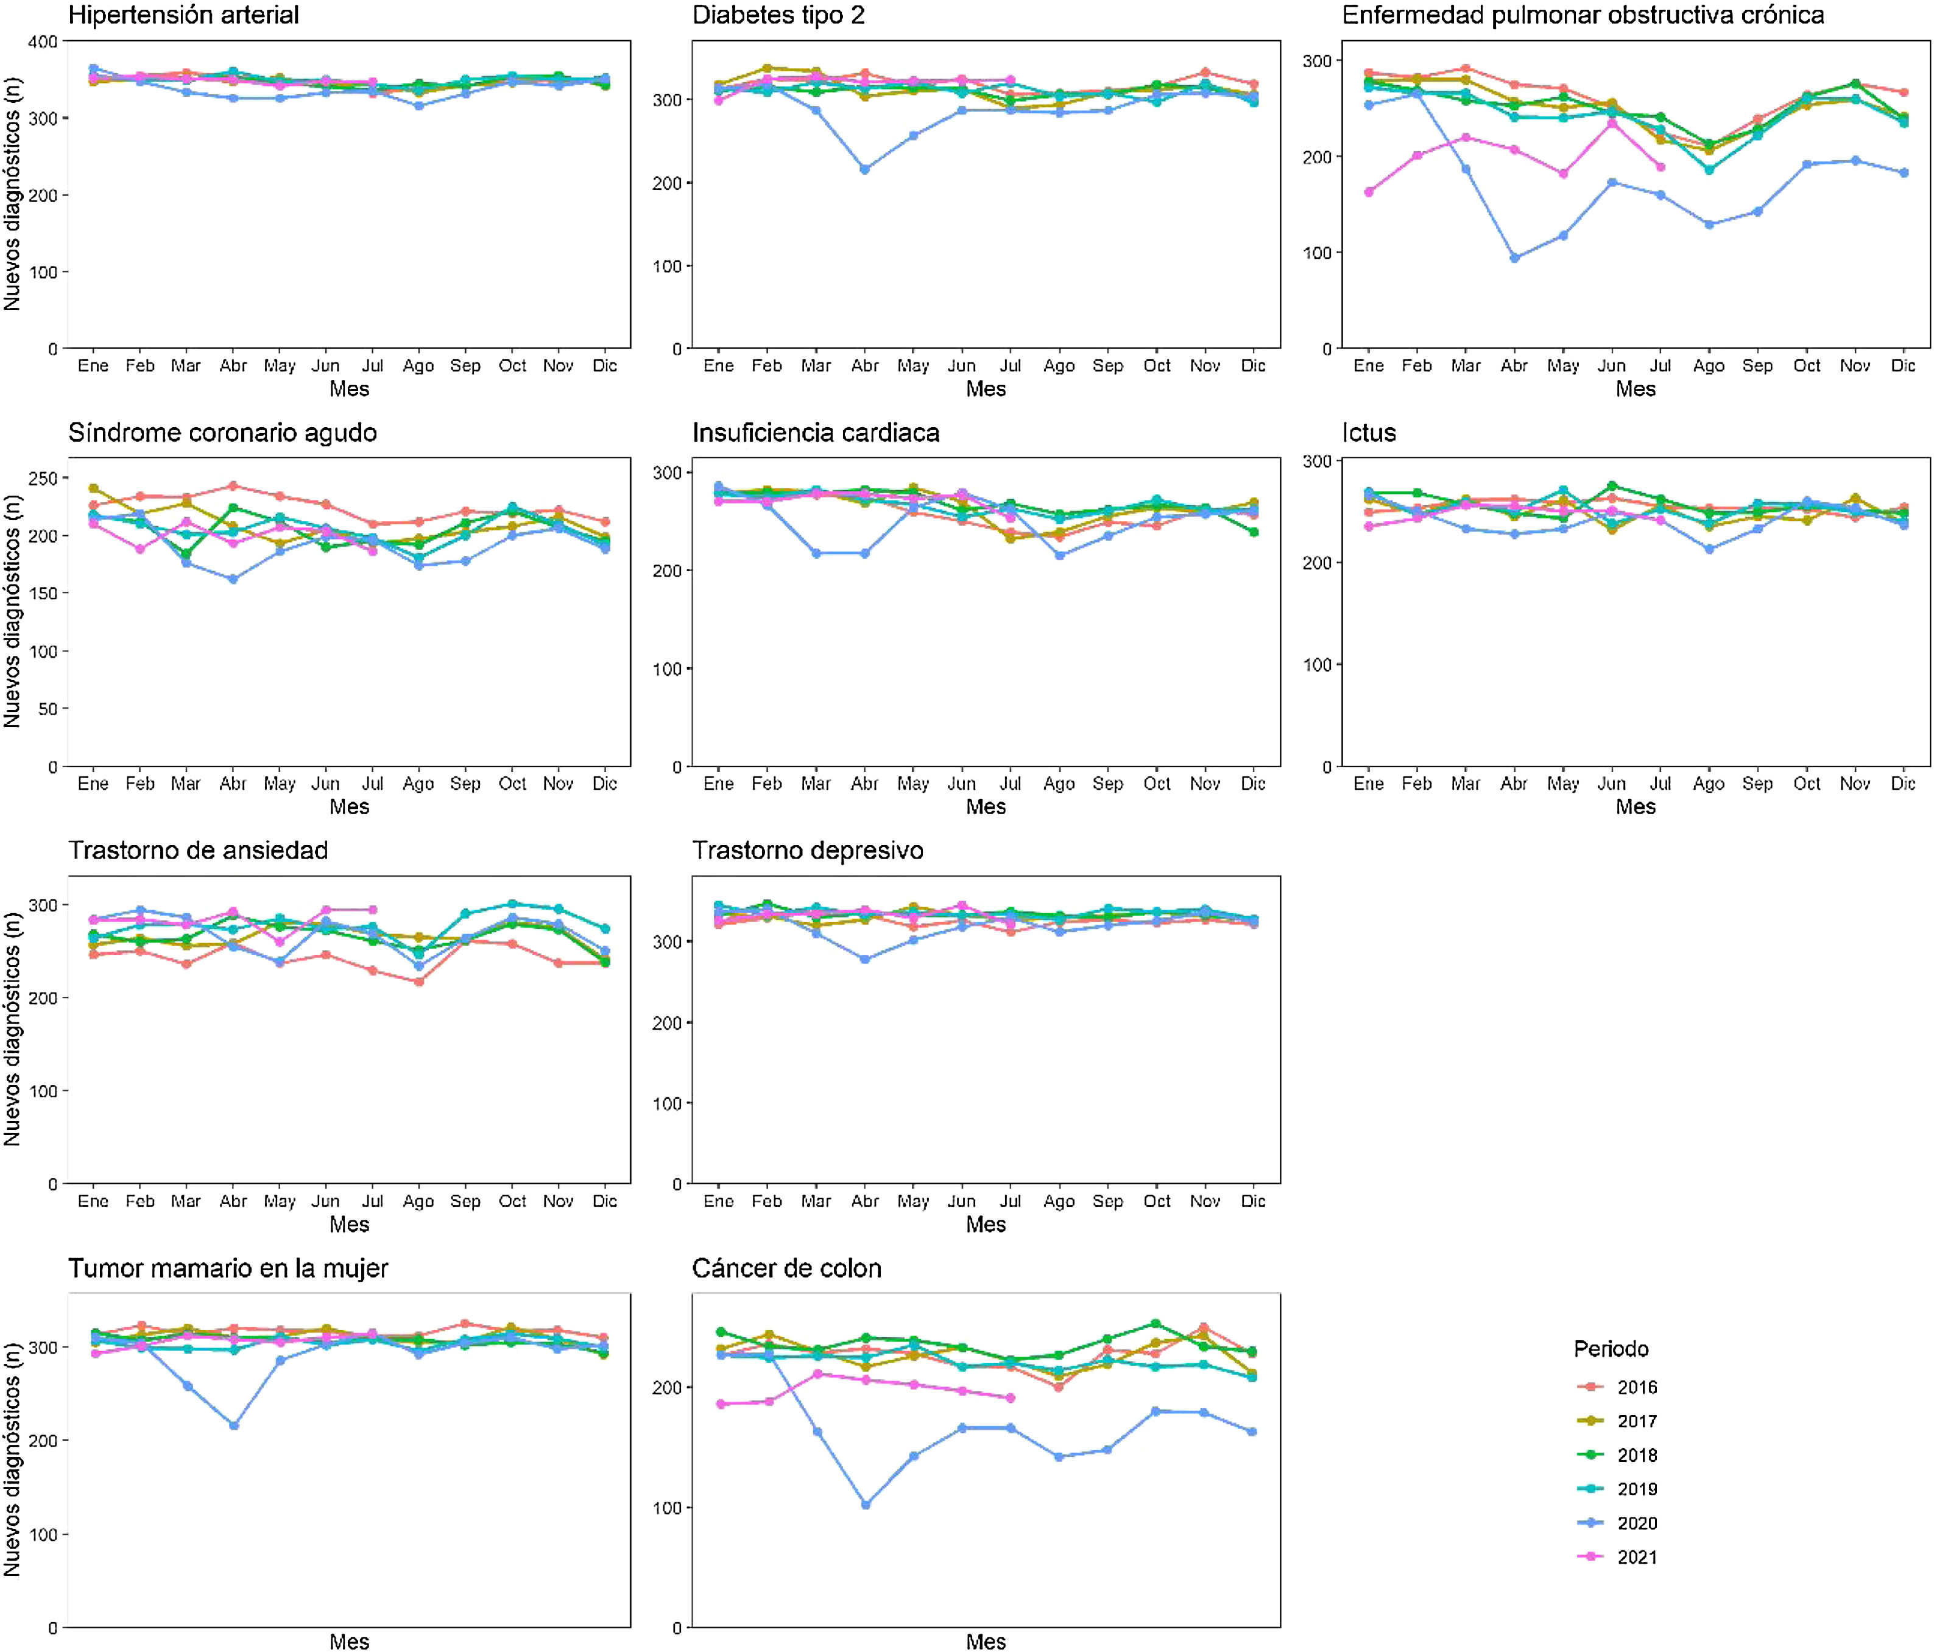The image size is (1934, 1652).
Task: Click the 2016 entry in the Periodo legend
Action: (1636, 1387)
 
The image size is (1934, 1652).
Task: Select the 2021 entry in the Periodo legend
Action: (1636, 1557)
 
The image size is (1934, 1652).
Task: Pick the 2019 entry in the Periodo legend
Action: (1636, 1489)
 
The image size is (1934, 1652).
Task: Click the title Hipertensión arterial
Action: (184, 15)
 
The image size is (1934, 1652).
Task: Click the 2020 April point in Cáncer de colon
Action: (865, 1505)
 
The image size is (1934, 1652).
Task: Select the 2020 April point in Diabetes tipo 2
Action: (864, 169)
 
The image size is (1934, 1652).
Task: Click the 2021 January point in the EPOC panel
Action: (1368, 192)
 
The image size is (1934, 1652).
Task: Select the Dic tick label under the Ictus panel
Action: (1902, 784)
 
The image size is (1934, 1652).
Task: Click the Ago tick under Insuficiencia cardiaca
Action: (1059, 784)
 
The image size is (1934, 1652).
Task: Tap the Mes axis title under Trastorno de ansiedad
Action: (349, 1225)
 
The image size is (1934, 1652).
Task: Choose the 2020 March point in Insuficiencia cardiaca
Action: (816, 554)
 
